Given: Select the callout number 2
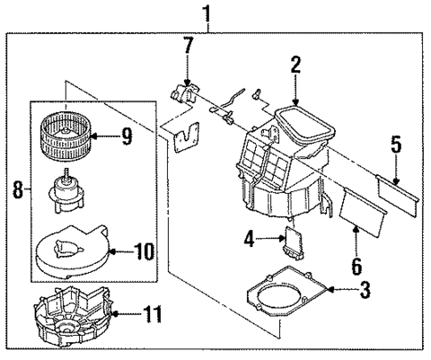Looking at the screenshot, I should click(295, 63).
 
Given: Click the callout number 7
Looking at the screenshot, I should click(188, 45).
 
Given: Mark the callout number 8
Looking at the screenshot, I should click(17, 188).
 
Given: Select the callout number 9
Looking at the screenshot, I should click(125, 136).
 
